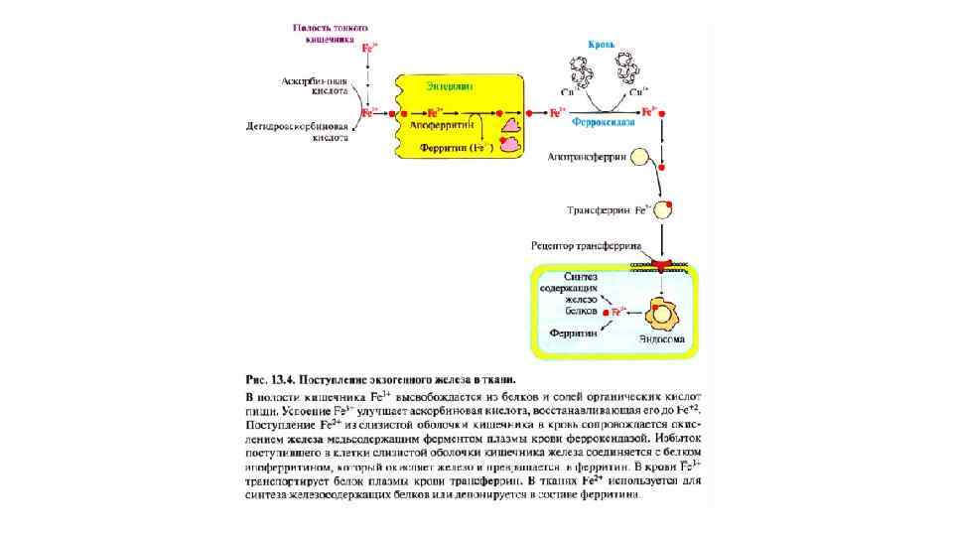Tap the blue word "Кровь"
[x=601, y=45]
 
